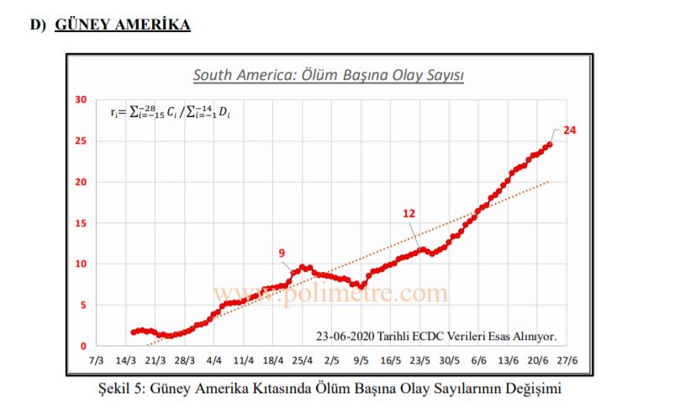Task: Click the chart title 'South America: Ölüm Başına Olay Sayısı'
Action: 329,75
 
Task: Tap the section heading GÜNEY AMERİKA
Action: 123,24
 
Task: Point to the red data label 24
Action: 570,131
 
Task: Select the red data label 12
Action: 408,214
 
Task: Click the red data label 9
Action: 282,252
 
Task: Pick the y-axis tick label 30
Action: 81,99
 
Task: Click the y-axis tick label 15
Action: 81,223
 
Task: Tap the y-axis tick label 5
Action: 83,305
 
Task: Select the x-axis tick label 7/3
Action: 96,360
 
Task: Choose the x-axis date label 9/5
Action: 361,360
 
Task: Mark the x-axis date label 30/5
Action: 450,360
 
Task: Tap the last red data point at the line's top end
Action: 550,144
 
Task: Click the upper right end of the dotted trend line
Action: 551,181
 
